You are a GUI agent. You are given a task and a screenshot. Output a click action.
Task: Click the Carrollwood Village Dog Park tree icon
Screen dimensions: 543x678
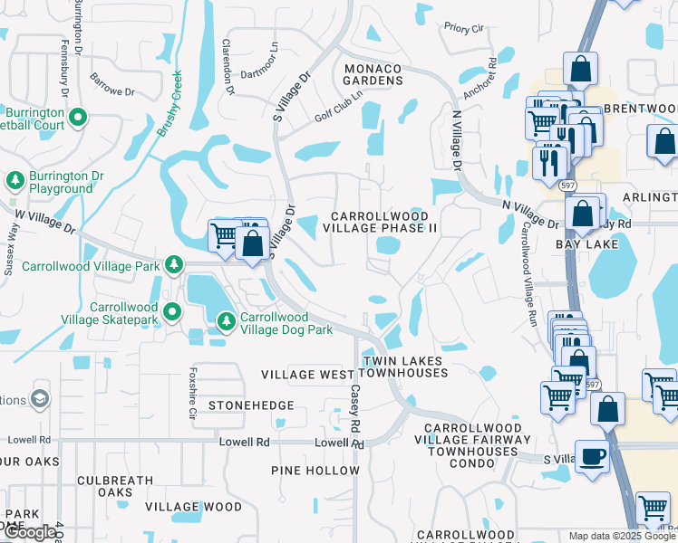coord(226,320)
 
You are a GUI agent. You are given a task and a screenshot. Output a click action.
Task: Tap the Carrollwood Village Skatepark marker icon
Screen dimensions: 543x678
coord(172,311)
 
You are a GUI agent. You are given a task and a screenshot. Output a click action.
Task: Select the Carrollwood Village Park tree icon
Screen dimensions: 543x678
coord(172,265)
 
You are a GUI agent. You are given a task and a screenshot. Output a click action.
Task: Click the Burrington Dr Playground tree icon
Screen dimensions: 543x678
coord(15,180)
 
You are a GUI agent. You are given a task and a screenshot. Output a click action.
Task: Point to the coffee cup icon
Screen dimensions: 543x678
coord(592,455)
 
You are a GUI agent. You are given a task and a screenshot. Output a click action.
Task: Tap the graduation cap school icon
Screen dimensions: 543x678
coord(40,398)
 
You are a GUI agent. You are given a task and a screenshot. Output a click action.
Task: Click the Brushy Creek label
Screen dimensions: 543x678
coord(170,103)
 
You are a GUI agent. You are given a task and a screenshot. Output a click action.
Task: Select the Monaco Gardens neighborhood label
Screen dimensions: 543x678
coord(373,73)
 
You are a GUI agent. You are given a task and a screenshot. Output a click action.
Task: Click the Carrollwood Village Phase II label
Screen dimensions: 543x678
coord(383,223)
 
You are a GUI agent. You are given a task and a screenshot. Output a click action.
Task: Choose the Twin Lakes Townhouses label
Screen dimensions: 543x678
coord(404,367)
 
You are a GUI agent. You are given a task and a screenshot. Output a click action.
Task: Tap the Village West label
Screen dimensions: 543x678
coord(308,374)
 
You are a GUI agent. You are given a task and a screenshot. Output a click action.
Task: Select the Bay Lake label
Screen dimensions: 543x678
coord(593,244)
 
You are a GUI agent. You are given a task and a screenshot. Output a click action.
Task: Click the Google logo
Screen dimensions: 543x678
coord(29,532)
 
